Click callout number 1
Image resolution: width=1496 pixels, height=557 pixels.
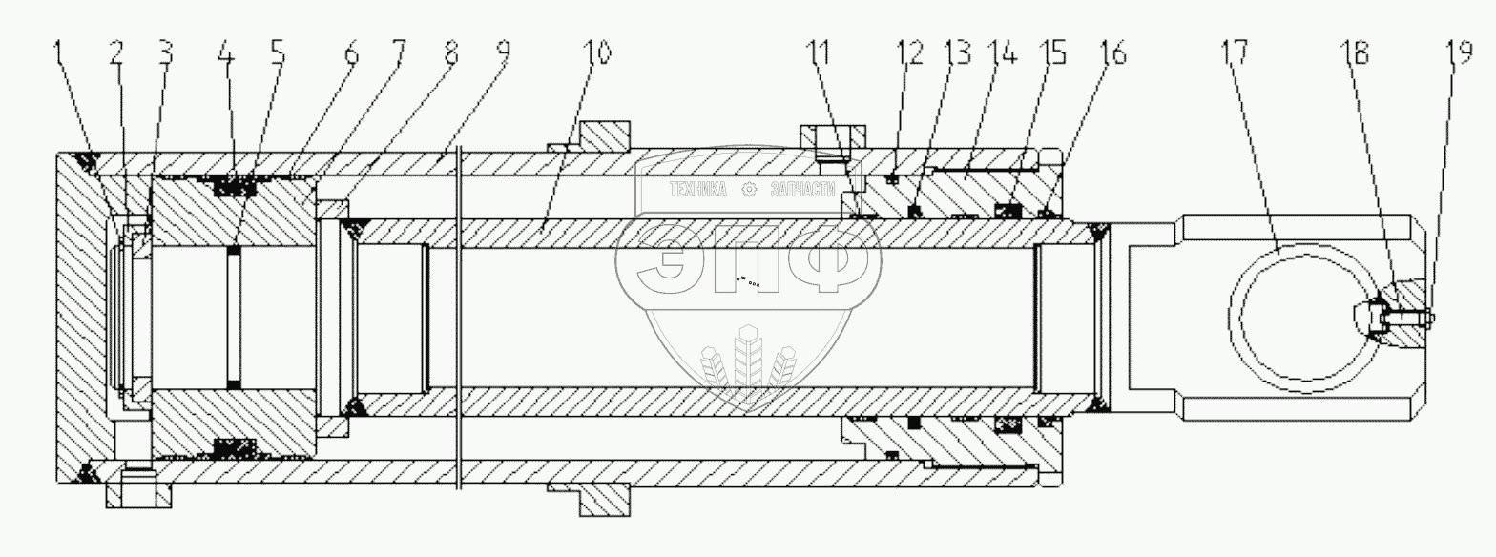(x=62, y=54)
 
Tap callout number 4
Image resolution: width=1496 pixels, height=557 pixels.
(x=224, y=54)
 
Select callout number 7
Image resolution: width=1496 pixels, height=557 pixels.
(x=398, y=54)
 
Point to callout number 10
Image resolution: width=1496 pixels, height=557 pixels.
(x=597, y=54)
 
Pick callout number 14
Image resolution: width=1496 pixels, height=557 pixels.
(x=1003, y=54)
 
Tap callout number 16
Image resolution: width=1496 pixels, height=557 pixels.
(x=1112, y=54)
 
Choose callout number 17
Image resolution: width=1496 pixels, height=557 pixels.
(x=1234, y=54)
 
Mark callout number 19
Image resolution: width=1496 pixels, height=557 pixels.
(x=1461, y=54)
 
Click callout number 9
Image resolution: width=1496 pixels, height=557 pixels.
(x=499, y=54)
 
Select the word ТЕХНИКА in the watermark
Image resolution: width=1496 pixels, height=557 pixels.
(x=697, y=190)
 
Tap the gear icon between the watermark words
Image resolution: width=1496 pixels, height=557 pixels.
(x=750, y=190)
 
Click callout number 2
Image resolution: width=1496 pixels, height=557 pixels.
(x=116, y=54)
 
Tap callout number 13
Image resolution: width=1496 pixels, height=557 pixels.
(x=957, y=54)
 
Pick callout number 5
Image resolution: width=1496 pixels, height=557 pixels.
(x=277, y=54)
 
